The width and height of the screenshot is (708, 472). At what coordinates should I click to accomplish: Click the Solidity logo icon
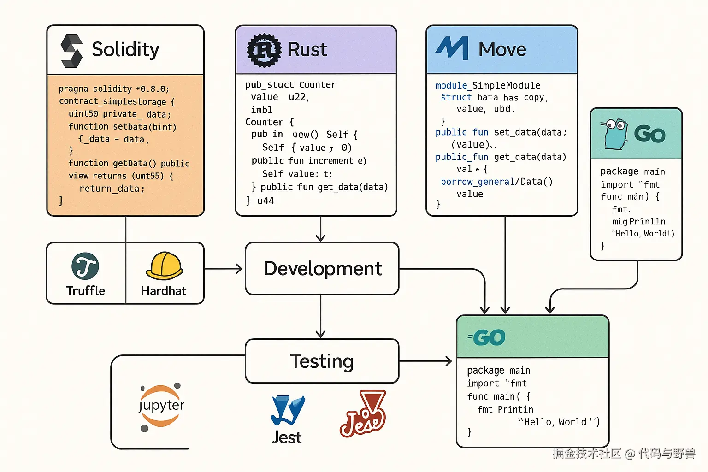point(71,51)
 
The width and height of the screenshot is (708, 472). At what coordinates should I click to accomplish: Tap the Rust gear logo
point(264,50)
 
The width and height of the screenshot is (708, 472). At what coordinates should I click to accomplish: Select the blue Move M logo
point(452,48)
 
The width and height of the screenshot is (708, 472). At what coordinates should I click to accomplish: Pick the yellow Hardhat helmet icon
point(165,266)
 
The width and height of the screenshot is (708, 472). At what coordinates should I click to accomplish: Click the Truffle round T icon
point(85,266)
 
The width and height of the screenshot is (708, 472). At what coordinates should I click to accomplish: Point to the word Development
point(323,269)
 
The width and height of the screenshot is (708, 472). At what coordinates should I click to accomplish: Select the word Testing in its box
point(322,361)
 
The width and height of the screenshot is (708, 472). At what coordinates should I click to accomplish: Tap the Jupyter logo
point(161,406)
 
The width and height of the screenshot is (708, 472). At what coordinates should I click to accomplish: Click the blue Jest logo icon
point(288,410)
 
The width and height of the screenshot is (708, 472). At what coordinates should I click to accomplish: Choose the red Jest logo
point(364,414)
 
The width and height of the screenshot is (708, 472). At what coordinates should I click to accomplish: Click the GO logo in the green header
point(488,337)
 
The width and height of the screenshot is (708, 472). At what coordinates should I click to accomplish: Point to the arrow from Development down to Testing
point(321,318)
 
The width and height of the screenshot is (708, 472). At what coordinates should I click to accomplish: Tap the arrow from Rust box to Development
point(321,229)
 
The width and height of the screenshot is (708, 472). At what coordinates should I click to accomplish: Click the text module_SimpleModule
point(488,85)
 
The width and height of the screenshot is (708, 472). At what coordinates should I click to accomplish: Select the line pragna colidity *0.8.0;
point(114,89)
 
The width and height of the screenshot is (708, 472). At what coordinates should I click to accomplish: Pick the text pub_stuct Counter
point(290,85)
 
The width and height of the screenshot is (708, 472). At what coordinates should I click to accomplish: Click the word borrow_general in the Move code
point(478,182)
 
